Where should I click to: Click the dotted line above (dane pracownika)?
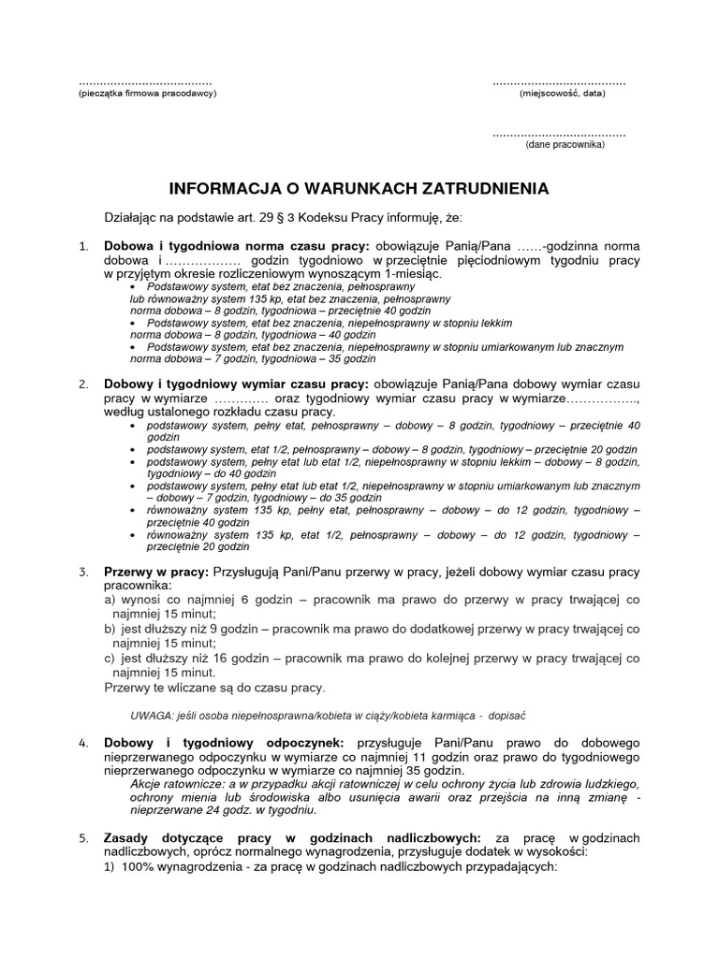(559, 134)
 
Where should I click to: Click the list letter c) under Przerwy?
(110, 659)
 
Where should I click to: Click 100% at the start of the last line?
(143, 865)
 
